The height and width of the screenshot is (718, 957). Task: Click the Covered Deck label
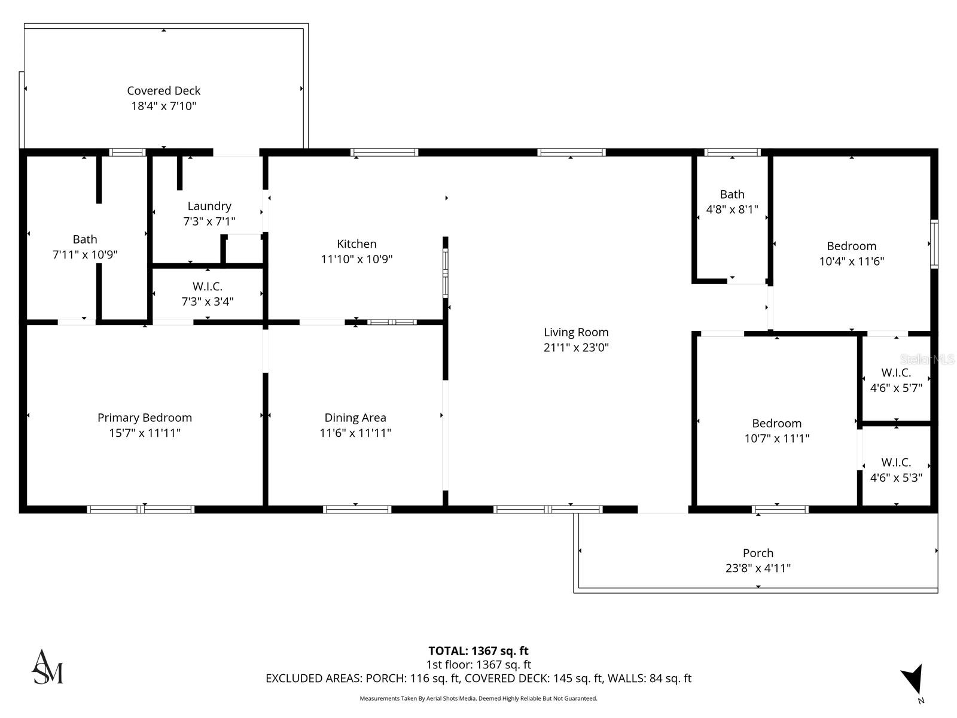click(x=163, y=91)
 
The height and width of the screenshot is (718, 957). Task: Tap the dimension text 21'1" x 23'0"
click(x=576, y=348)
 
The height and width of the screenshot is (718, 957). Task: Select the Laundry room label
click(x=209, y=206)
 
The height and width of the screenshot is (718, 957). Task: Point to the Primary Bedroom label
click(x=145, y=418)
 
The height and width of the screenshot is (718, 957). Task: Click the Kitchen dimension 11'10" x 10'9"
click(x=356, y=259)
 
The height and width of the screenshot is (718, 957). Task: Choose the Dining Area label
click(x=355, y=418)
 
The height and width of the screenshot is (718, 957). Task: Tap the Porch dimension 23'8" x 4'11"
click(x=758, y=568)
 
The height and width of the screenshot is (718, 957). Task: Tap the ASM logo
click(x=47, y=667)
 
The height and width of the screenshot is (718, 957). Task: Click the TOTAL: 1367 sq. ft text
click(x=478, y=651)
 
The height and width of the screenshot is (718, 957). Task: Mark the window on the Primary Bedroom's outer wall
click(x=141, y=510)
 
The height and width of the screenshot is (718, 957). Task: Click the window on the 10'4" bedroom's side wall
click(x=934, y=244)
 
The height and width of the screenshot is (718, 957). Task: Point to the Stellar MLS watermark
click(x=926, y=360)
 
